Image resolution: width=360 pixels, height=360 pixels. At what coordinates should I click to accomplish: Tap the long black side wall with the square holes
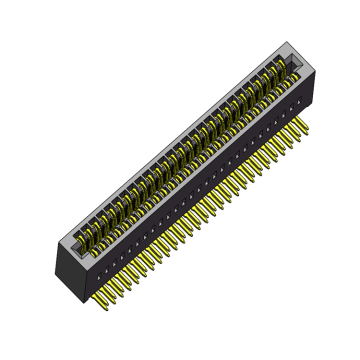tap(200, 190)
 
